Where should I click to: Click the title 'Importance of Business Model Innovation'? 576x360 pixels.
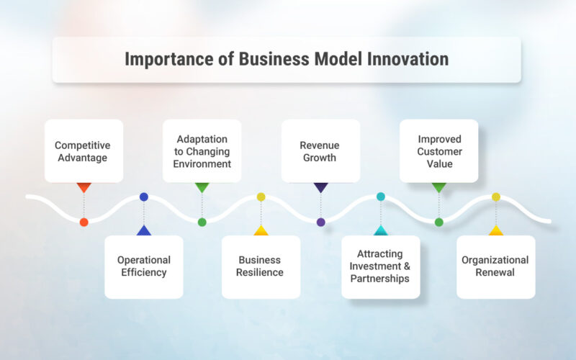287,59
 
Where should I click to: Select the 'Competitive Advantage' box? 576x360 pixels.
84,151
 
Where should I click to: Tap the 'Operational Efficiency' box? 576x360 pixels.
144,266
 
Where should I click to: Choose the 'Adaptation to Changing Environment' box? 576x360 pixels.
202,151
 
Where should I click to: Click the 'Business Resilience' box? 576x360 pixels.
261,266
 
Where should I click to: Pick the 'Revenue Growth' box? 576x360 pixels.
320,151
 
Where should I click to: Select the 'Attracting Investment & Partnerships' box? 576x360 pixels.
380,266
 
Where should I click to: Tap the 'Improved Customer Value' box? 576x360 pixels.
438,151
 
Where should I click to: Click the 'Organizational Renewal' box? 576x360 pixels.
495,266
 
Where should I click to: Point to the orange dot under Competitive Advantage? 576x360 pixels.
84,222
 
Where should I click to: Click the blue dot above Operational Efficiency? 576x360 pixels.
144,197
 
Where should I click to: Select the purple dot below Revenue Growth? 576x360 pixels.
320,222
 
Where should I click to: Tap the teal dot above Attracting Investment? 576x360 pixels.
380,197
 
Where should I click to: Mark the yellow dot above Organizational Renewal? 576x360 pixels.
495,197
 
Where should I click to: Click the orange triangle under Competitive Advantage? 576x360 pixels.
84,187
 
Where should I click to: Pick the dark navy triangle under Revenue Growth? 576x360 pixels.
320,187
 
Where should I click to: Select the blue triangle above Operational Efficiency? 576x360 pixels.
144,231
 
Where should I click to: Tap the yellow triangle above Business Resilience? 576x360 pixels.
261,231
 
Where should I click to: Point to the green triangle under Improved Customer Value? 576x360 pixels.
438,187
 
